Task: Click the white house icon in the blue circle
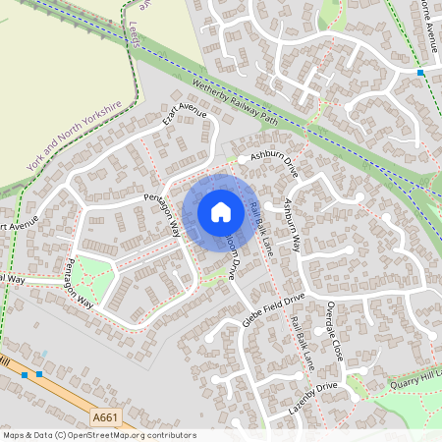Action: pos(221,211)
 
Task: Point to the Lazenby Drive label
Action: pos(311,401)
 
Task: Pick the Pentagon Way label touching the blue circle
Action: pos(163,214)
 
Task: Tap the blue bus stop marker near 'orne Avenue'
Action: pos(420,73)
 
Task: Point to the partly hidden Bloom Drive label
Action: pos(234,257)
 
